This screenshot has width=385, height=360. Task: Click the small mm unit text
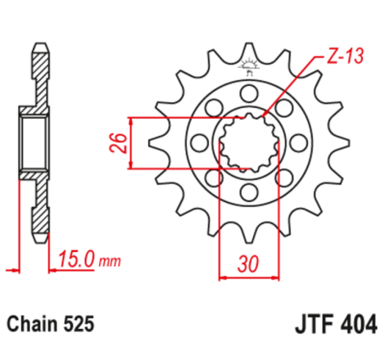pos(111,263)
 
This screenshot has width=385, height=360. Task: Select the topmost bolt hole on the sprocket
pos(248,92)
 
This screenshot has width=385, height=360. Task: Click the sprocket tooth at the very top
pos(248,51)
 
